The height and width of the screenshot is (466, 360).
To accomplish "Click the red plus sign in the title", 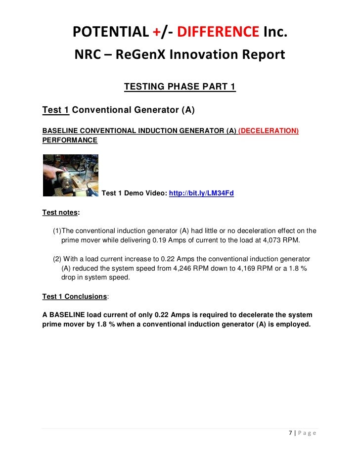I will point(156,32).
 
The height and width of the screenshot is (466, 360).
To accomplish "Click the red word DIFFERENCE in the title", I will point(218,32).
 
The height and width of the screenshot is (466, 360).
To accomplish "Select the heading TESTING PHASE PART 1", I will point(180,87).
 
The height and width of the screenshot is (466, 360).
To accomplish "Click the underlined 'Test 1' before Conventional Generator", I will point(55,110).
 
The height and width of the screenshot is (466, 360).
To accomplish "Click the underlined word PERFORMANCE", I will point(70,140).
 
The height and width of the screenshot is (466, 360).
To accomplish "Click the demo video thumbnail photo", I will point(70,175).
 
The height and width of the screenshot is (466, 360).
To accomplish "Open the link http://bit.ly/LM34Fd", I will point(201,193).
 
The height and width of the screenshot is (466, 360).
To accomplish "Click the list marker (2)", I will point(57,259).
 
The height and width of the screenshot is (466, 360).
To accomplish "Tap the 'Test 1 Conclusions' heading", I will point(74,296).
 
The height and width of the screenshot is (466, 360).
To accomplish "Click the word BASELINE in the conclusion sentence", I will point(67,315).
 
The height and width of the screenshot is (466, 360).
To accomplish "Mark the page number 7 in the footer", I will point(290,433).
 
